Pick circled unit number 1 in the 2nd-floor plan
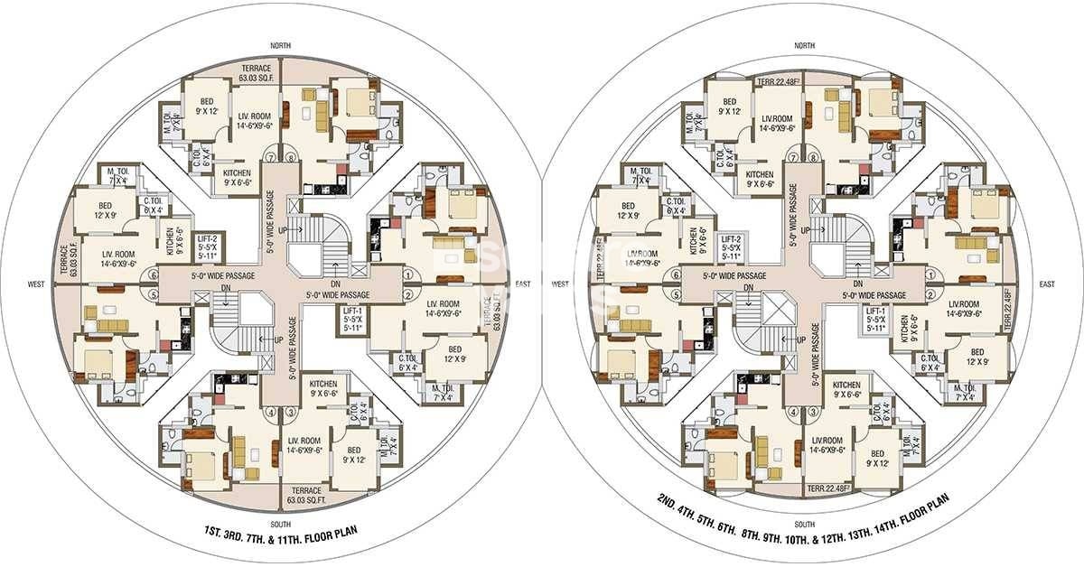pyautogui.click(x=930, y=272)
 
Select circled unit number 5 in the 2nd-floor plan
pyautogui.click(x=674, y=294)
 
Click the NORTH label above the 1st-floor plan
pyautogui.click(x=279, y=45)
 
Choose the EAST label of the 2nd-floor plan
pyautogui.click(x=1047, y=284)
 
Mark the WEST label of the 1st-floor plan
pyautogui.click(x=37, y=284)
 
